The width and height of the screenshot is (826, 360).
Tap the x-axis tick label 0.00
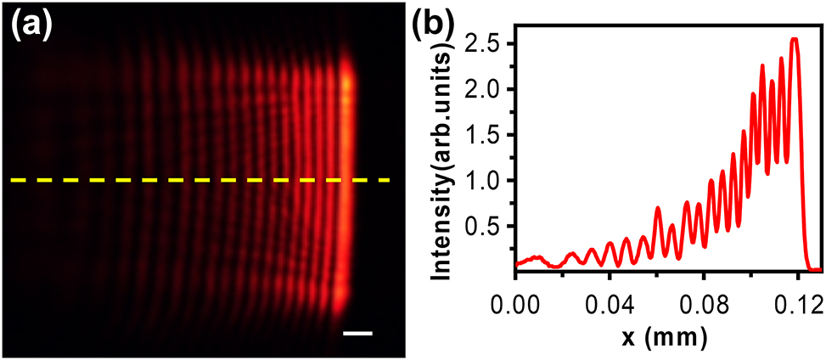click(x=516, y=303)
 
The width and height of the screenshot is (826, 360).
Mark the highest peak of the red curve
click(x=795, y=39)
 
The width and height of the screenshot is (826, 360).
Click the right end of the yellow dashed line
click(x=387, y=180)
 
